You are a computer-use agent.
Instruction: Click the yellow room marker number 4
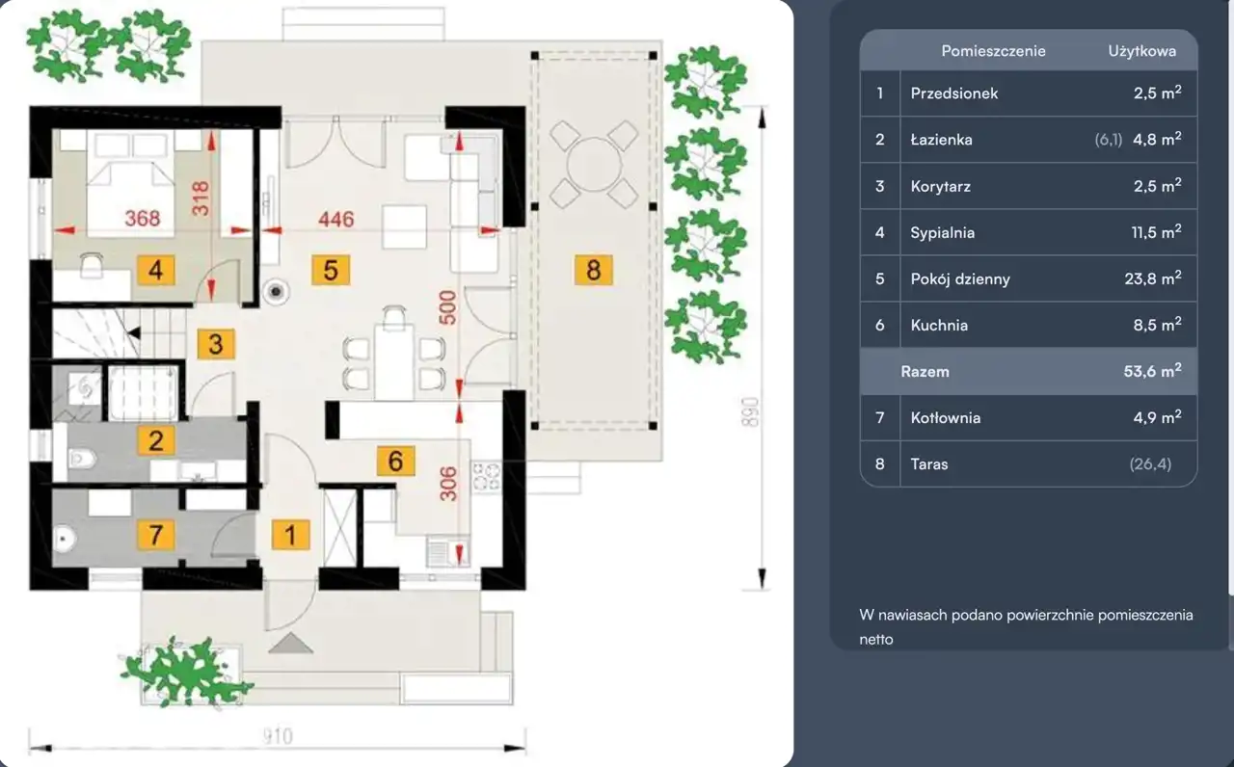point(156,270)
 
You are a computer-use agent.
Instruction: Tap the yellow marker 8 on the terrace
point(593,270)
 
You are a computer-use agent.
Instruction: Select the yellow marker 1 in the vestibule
point(291,534)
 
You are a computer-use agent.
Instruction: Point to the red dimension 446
point(336,219)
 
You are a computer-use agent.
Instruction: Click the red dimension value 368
point(143,218)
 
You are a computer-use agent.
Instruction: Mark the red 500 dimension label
point(448,307)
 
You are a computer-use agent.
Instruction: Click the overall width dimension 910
point(278,736)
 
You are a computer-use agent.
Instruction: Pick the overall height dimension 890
point(750,412)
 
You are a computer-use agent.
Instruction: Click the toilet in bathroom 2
point(82,458)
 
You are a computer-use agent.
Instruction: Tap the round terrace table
point(594,164)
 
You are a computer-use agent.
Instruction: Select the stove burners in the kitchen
point(486,477)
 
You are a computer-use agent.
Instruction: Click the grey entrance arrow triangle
point(291,643)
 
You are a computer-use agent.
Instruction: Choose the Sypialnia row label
point(943,233)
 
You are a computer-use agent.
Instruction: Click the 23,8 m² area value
point(1153,278)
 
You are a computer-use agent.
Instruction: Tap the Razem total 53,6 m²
point(1152,371)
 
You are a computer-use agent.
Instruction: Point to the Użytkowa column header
point(1142,51)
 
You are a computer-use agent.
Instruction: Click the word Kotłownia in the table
point(946,418)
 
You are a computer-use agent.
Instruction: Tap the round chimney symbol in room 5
point(276,291)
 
